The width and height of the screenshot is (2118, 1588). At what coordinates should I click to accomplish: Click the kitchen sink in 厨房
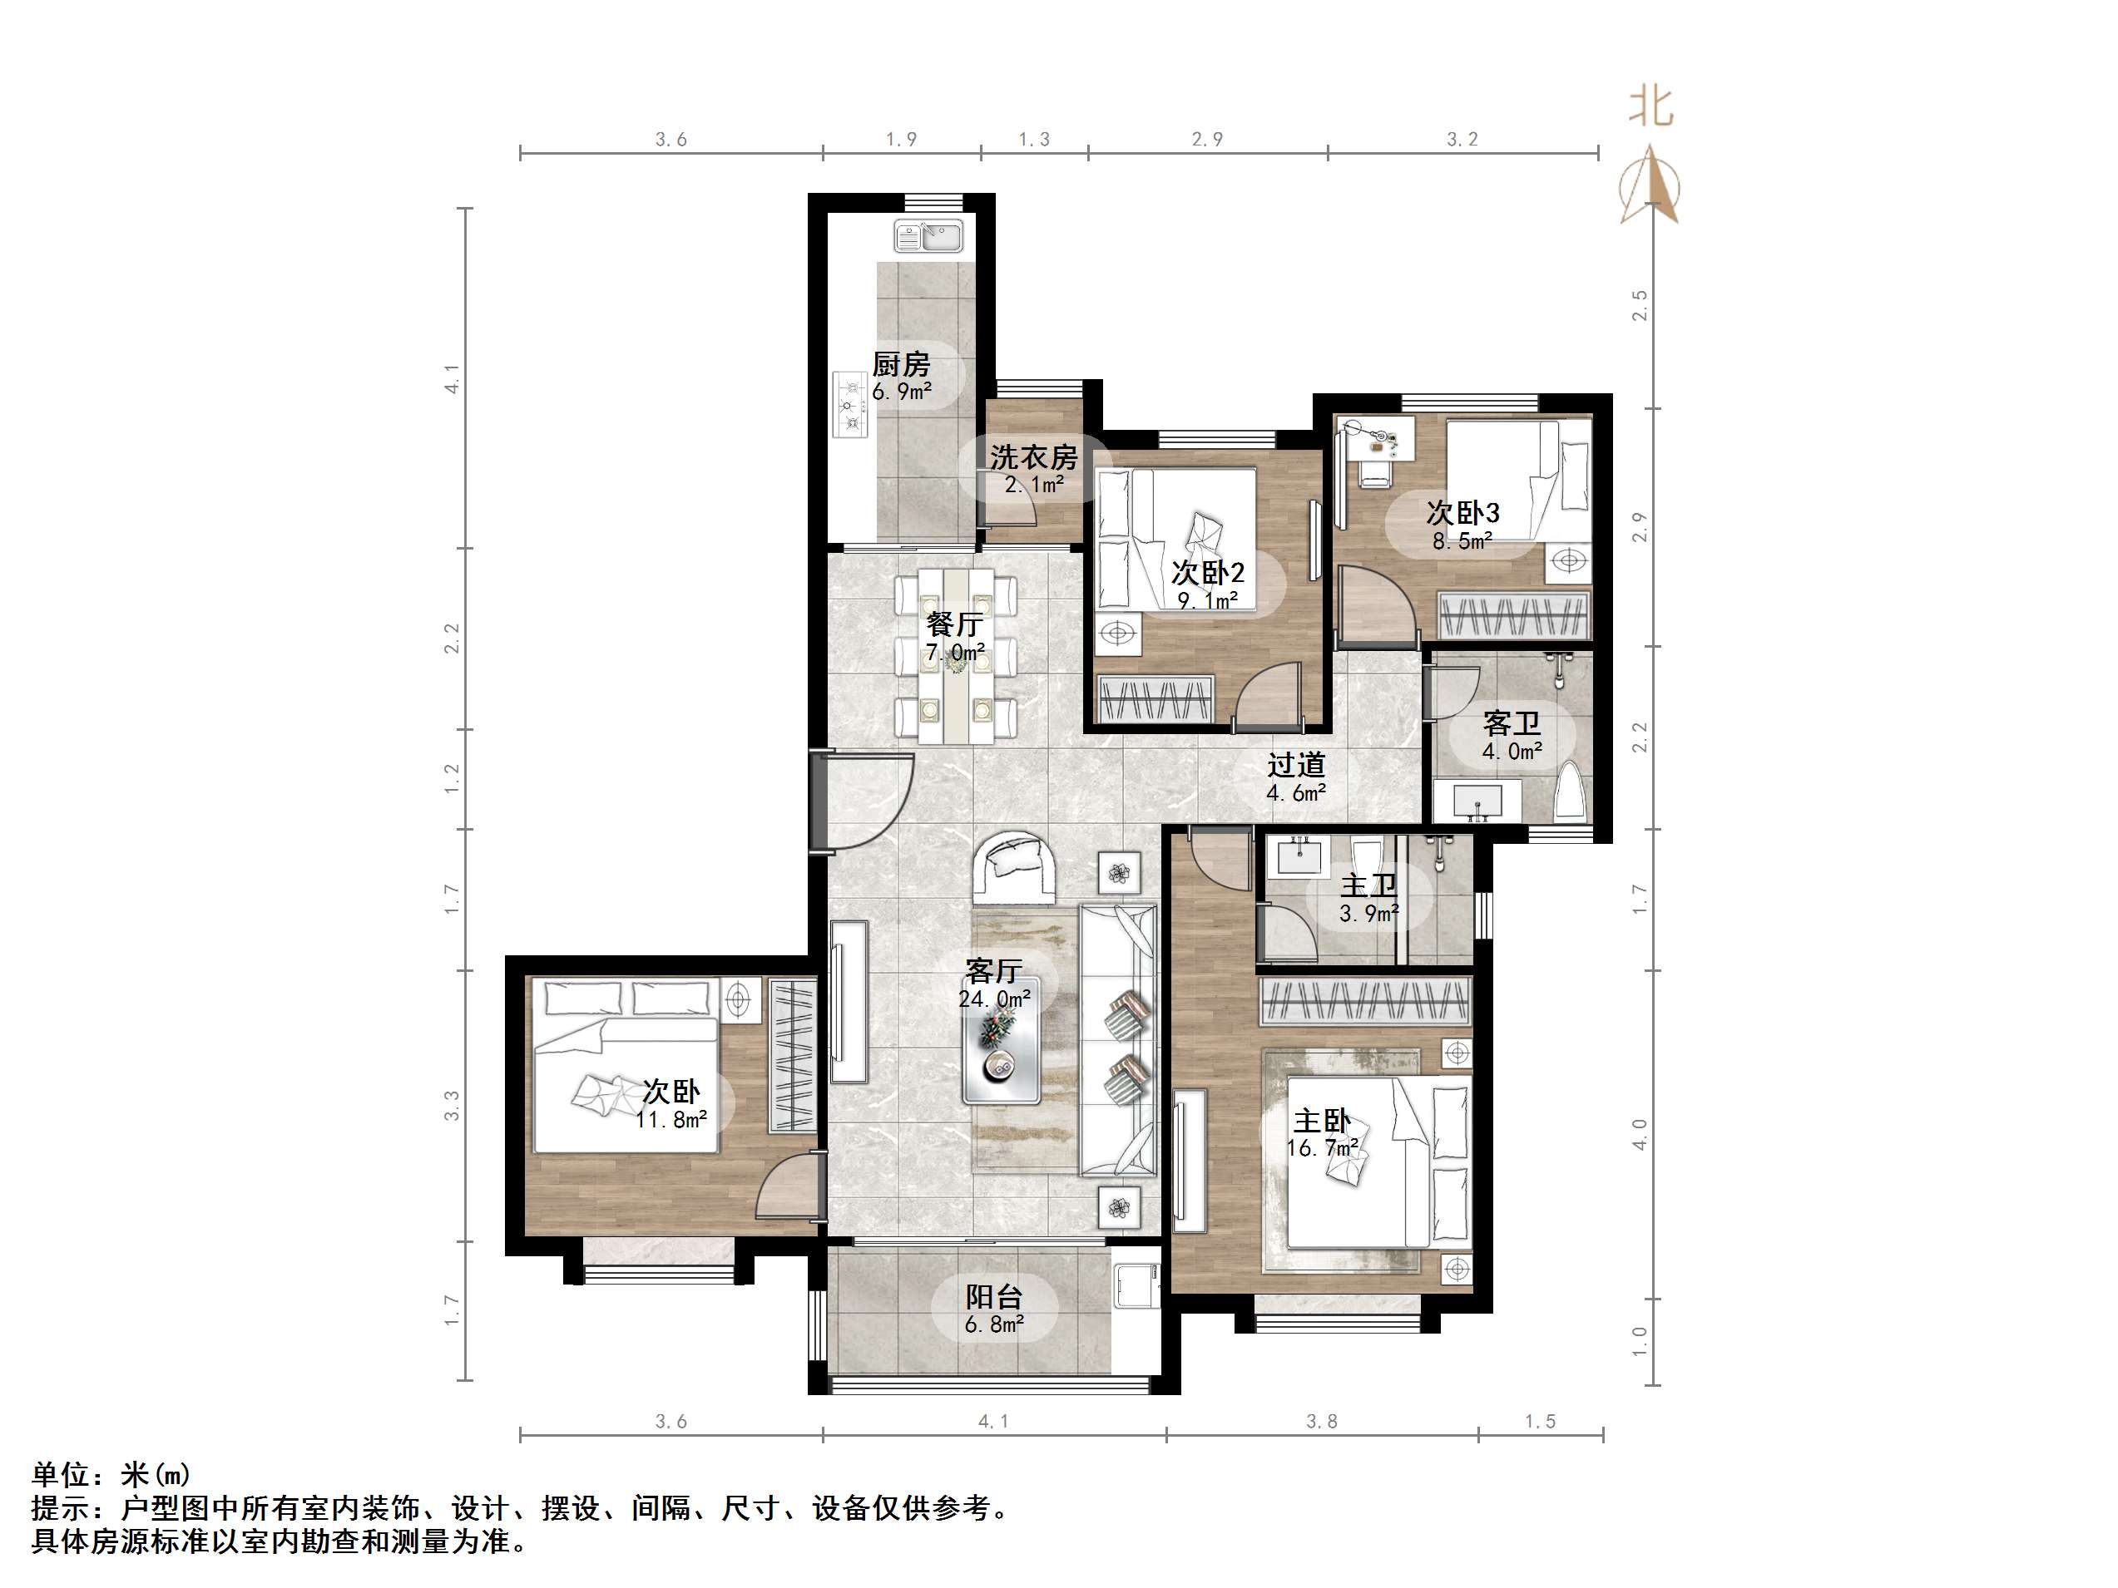coord(928,235)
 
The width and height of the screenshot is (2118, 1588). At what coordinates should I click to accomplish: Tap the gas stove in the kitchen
coord(849,405)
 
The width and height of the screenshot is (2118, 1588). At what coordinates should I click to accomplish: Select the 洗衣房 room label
coord(1033,457)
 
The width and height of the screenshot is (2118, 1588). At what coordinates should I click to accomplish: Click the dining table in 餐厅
coord(957,657)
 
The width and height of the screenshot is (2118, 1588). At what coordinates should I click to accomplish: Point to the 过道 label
coord(1296,765)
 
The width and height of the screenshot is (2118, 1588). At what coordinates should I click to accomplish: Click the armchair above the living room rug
coord(1015,868)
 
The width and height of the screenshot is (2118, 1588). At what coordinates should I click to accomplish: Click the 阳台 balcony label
coord(994,1297)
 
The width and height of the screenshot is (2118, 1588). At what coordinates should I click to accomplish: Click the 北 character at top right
coord(1651,107)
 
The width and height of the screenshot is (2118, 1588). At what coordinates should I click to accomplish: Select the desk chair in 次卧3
coord(1375,473)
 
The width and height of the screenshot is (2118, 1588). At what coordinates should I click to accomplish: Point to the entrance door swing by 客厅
coord(867,802)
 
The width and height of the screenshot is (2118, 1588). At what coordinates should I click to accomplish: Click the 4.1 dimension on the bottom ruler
coord(993,1422)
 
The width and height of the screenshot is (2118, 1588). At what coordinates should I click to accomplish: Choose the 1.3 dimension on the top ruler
coord(1033,140)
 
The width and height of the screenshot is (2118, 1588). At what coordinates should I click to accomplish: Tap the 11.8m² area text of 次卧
coord(671,1119)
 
